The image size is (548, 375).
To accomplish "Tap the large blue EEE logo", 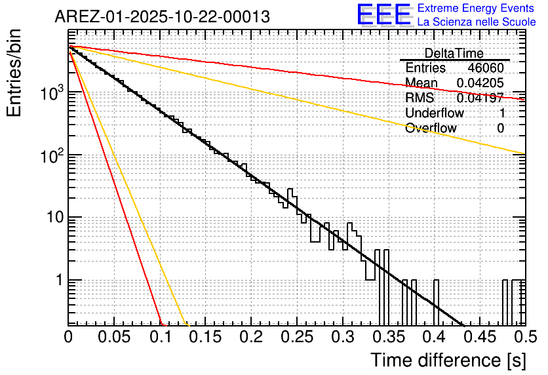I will (385, 16).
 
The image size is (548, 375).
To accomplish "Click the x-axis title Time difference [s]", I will (448, 360).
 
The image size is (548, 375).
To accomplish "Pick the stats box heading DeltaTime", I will (454, 53).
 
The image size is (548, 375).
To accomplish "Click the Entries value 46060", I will (486, 68).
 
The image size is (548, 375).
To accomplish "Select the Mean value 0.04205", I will (480, 83).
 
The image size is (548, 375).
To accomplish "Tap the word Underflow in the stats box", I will (434, 113).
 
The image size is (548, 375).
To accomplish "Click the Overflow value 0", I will (500, 128).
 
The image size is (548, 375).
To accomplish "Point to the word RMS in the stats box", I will (420, 98).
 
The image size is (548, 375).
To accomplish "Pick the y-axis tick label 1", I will (59, 280).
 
